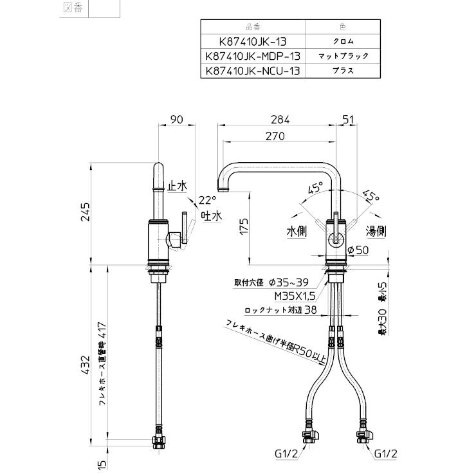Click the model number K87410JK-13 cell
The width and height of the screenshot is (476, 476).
253,41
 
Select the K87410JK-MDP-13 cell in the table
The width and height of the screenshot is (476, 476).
253,56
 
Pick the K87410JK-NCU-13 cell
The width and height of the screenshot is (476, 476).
253,71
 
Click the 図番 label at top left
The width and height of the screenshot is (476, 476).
74,9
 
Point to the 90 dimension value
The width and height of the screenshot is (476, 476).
177,119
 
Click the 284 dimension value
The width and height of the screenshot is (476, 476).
280,119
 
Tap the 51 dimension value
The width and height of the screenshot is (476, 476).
349,119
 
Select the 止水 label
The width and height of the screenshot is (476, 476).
177,186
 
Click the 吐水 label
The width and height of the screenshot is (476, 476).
210,216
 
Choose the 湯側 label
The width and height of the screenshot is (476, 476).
376,230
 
